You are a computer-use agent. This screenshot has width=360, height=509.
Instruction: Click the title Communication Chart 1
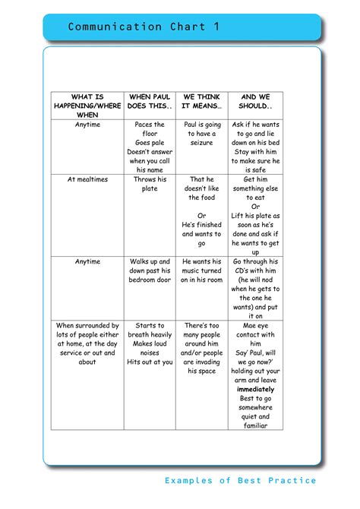[144, 27]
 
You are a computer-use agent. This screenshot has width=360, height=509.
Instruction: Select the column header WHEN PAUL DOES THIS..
[150, 102]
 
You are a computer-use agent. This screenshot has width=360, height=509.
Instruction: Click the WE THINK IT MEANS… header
[201, 102]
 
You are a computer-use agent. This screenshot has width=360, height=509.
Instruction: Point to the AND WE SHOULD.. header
[255, 102]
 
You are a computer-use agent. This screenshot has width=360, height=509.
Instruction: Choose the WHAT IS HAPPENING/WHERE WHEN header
[87, 106]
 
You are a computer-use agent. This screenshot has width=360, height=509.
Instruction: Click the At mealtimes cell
[87, 179]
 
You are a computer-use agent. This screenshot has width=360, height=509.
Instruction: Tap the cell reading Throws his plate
[150, 184]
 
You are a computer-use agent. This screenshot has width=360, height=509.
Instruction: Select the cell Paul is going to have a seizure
[201, 134]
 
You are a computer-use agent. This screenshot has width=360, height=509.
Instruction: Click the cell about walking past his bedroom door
[150, 270]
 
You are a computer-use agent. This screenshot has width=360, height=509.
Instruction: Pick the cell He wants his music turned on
[201, 270]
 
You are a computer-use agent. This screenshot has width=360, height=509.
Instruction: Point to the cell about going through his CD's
[255, 289]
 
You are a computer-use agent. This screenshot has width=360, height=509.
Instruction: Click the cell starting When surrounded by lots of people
[87, 343]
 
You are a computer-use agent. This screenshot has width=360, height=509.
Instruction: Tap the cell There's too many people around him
[201, 348]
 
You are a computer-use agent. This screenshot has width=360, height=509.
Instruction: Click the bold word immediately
[255, 389]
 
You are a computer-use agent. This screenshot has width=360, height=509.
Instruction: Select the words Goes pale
[150, 143]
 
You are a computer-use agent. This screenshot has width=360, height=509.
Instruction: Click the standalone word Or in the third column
[201, 216]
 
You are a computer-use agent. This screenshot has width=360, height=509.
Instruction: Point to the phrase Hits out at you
[150, 362]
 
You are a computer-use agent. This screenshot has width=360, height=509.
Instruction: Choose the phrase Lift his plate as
[255, 216]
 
